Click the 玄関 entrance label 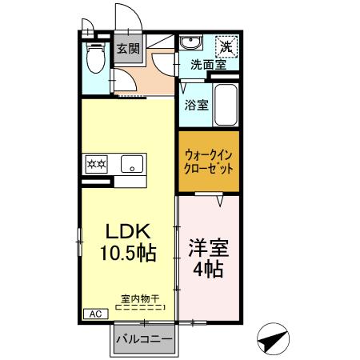128,50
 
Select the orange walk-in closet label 209,162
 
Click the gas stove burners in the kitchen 97,165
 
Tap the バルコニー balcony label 144,339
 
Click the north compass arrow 274,339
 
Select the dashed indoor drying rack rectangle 140,306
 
